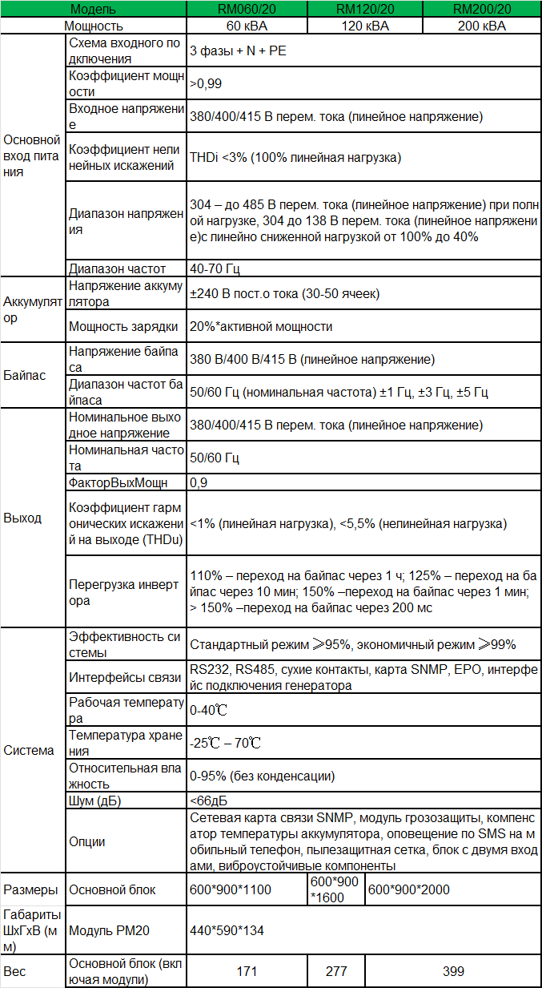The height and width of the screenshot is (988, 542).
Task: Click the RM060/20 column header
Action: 247,10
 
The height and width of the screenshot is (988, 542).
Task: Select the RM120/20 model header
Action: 364,10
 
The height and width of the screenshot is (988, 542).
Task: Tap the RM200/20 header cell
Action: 481,10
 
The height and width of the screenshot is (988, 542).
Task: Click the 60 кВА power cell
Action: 247,26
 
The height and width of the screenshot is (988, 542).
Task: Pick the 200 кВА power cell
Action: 481,26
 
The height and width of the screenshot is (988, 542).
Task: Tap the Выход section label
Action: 22,518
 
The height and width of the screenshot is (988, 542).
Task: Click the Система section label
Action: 29,750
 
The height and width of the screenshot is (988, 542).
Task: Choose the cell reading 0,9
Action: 199,482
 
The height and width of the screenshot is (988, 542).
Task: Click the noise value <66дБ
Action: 209,801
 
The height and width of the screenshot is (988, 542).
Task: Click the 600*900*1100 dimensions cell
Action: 231,889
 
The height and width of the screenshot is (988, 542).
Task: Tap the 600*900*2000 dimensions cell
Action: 408,889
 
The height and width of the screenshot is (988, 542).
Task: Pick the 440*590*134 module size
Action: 227,930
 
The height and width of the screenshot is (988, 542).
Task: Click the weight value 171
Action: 247,971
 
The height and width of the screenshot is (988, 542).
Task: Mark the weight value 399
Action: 453,971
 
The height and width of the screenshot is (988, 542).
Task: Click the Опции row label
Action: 87,841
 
